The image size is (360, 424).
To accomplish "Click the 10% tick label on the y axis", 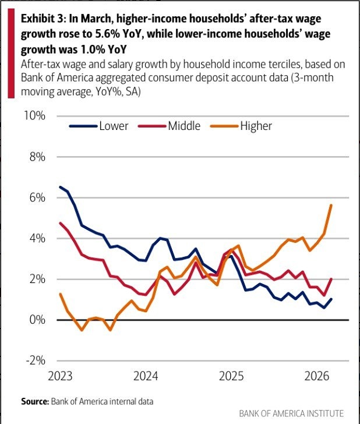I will point(34,116).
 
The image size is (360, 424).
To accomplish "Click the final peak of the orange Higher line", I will point(331,205).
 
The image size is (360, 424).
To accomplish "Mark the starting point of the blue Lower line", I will point(61,187).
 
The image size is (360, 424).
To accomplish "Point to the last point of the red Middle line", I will point(331,279).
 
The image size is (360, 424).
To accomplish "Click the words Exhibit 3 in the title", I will point(41,19).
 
